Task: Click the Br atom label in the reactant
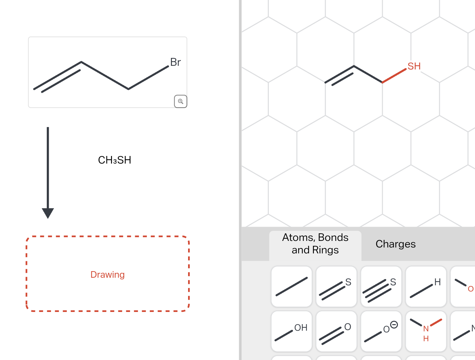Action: pyautogui.click(x=175, y=62)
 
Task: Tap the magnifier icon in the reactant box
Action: pyautogui.click(x=181, y=101)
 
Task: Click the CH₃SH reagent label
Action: pyautogui.click(x=115, y=160)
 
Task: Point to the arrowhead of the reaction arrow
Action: pyautogui.click(x=48, y=213)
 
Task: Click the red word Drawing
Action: pyautogui.click(x=107, y=275)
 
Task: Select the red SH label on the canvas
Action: pyautogui.click(x=414, y=66)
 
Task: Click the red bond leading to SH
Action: pyautogui.click(x=394, y=76)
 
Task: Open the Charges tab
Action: pyautogui.click(x=395, y=244)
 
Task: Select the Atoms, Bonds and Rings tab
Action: pyautogui.click(x=315, y=244)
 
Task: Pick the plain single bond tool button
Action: pyautogui.click(x=292, y=287)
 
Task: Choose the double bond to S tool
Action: pyautogui.click(x=336, y=287)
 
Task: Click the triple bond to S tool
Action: pyautogui.click(x=381, y=287)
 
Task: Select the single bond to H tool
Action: pyautogui.click(x=426, y=287)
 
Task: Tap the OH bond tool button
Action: pyautogui.click(x=292, y=331)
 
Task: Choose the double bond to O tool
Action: pyautogui.click(x=336, y=331)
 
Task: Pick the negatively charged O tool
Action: pyautogui.click(x=381, y=331)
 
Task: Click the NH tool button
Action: pyautogui.click(x=426, y=331)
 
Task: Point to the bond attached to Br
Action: pyautogui.click(x=149, y=78)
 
